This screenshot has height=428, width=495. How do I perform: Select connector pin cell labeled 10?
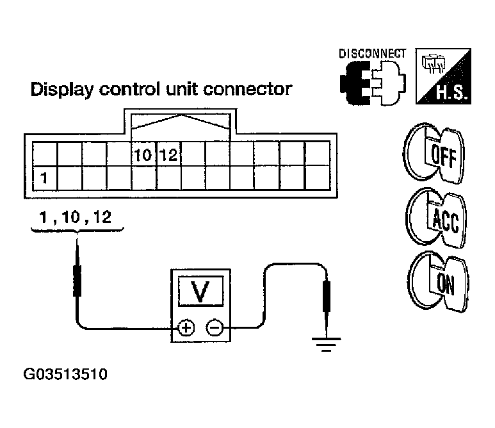[x=143, y=154]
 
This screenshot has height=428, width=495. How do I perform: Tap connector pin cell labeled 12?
[x=168, y=154]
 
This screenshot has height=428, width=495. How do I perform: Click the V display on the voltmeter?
[x=200, y=292]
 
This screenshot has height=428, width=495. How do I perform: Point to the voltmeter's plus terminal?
[x=186, y=329]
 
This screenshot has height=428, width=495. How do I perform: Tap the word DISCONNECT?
[x=371, y=54]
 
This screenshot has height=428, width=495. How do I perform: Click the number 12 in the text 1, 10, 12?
[x=101, y=218]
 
